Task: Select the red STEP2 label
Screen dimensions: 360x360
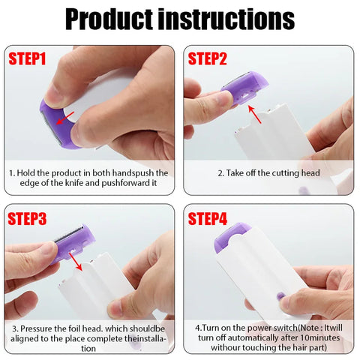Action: point(208,58)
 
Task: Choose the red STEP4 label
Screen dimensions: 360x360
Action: point(208,219)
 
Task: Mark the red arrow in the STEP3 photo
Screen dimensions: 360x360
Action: point(75,262)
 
